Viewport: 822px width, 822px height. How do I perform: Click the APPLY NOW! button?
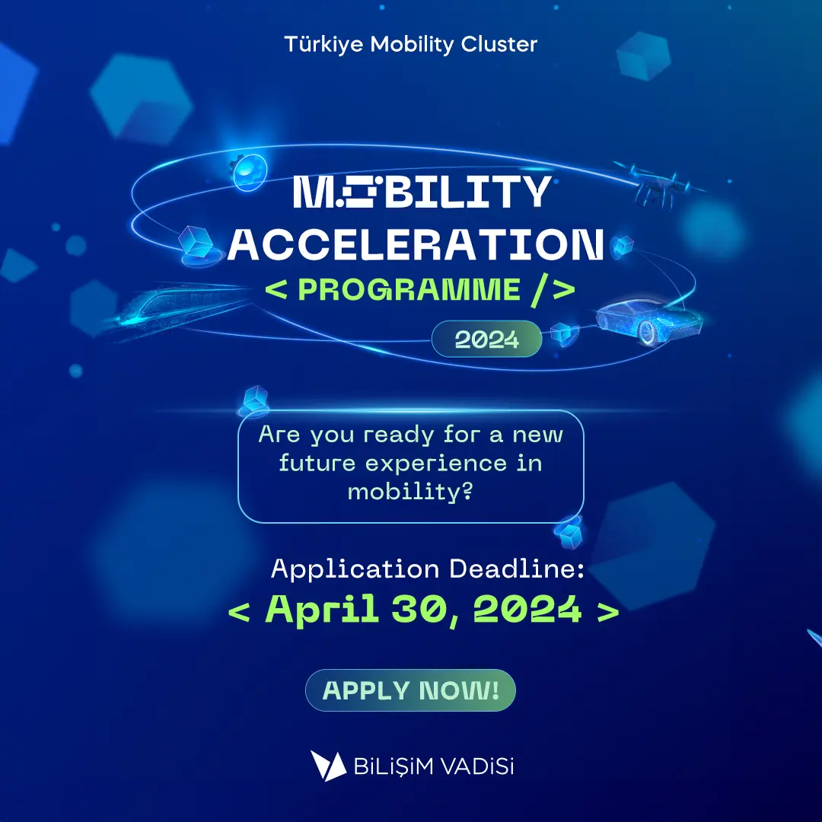pos(410,690)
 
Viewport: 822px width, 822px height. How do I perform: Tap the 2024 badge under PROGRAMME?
pos(486,339)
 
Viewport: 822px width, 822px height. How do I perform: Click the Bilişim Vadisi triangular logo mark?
pos(328,766)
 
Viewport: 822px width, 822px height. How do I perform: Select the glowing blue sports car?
pos(649,320)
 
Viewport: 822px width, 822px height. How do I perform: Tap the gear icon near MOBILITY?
pos(248,171)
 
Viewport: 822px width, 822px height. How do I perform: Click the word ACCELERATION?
pos(416,244)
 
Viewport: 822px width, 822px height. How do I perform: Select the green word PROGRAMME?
pos(409,289)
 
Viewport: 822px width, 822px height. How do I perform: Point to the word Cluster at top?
pos(499,44)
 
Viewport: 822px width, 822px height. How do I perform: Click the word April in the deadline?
pos(322,609)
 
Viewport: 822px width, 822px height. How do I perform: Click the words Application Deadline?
pos(427,569)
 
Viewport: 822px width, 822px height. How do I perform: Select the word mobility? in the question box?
pos(410,492)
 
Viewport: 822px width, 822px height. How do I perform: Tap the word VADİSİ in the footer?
pos(476,766)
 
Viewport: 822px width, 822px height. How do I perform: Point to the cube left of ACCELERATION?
pos(196,242)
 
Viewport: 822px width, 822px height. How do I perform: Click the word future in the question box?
pos(317,464)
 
